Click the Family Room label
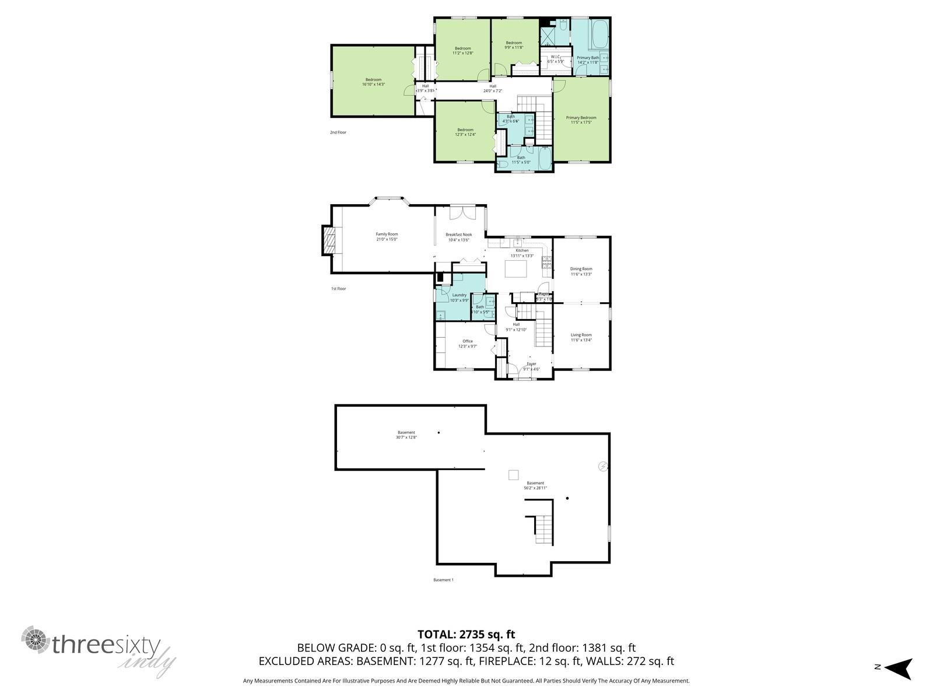[387, 234]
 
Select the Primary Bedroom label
[581, 118]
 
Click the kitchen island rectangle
[515, 269]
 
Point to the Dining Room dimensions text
[581, 274]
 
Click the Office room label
[467, 341]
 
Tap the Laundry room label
[459, 295]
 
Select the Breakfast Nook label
[458, 235]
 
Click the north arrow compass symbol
[900, 667]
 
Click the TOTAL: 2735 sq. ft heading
[466, 634]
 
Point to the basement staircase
[543, 530]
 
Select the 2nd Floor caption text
[338, 132]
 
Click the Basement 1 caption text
[443, 580]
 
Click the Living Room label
[581, 335]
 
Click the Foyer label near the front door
[531, 364]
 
